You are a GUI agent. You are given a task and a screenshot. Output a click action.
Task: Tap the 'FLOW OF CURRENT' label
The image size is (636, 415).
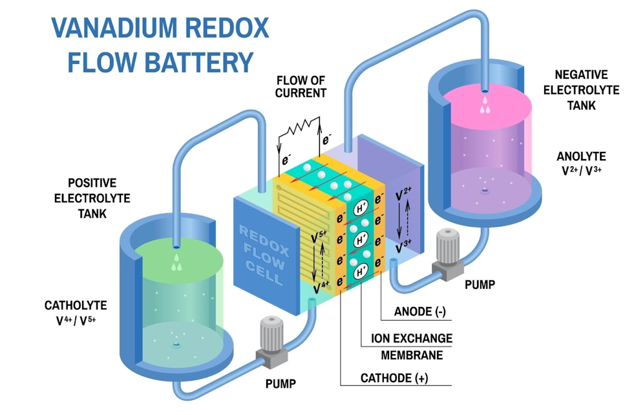(x=301, y=87)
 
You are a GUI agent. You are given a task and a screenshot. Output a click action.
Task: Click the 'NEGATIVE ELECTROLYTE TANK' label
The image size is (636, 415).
(x=580, y=90)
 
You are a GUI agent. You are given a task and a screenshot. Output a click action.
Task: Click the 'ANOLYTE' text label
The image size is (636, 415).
(x=580, y=156)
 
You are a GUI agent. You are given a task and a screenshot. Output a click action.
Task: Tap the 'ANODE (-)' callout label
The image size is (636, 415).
(x=420, y=312)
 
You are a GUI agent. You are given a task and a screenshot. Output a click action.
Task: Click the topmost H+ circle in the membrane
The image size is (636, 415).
(x=360, y=209)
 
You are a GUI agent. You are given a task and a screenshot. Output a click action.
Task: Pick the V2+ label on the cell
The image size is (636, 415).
(x=404, y=194)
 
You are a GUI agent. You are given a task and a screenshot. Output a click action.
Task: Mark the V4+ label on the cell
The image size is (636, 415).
(x=321, y=282)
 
